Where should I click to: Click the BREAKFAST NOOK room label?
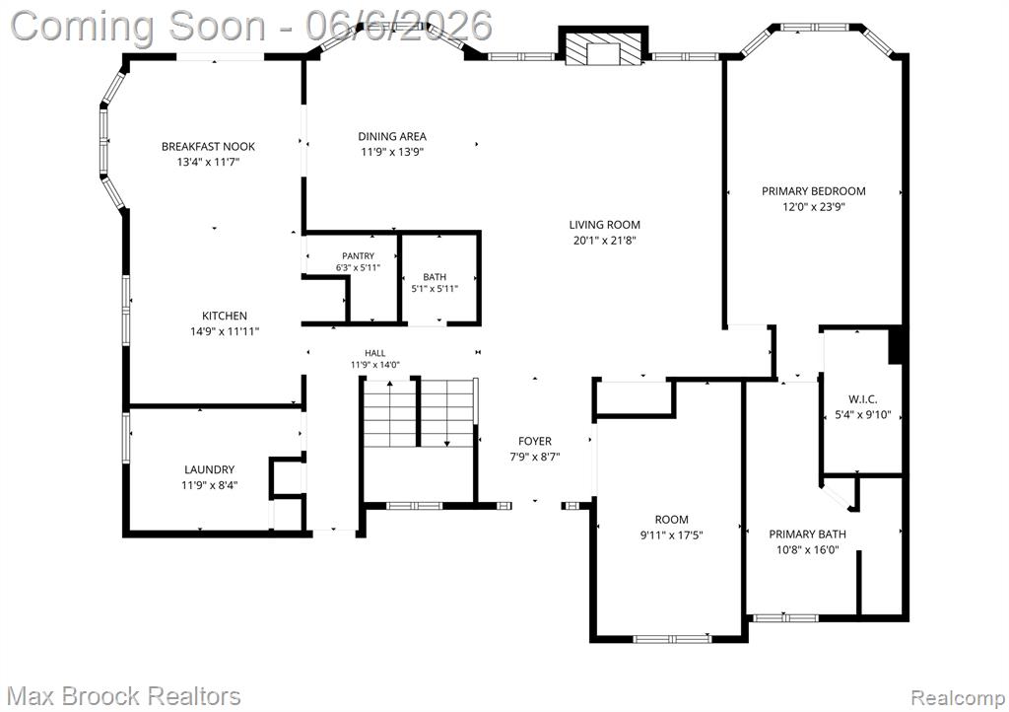[x=208, y=147]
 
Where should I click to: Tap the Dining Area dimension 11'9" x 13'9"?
[x=392, y=152]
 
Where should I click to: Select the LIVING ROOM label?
[x=604, y=225]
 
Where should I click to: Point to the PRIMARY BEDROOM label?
[x=813, y=191]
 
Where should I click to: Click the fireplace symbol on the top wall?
[x=603, y=45]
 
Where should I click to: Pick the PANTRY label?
[x=358, y=256]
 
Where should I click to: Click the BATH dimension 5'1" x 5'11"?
[x=435, y=289]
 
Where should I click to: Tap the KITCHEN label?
[x=225, y=316]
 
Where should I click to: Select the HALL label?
[x=375, y=353]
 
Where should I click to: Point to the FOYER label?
[x=535, y=441]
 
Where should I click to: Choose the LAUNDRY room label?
[x=209, y=470]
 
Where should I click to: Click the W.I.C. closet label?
[x=862, y=399]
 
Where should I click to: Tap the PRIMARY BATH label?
[x=807, y=534]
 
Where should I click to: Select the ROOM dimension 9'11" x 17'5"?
[x=671, y=534]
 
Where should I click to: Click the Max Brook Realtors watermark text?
[x=123, y=696]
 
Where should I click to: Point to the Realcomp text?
[x=958, y=697]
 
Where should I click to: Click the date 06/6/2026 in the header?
[x=399, y=26]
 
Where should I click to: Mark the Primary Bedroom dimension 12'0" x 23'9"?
[x=813, y=207]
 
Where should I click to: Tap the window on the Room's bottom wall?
[x=672, y=639]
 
